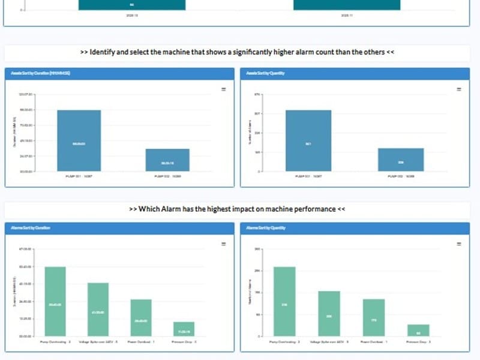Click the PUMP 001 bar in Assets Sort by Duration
pos(79,141)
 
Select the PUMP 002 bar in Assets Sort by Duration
pos(167,160)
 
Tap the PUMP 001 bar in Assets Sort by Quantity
pos(308,141)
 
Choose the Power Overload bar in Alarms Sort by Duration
pos(141,317)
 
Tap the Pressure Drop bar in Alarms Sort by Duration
pos(184,329)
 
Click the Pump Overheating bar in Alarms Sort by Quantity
pos(284,301)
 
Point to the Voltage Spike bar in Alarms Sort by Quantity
pos(329,313)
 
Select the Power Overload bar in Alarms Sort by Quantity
pos(374,317)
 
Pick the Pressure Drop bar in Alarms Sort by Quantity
pos(418,330)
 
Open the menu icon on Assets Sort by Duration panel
pos(223,89)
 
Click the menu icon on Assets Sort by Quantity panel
pos(459,89)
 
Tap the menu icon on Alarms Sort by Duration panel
pos(223,244)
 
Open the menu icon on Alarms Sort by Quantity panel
pos(459,244)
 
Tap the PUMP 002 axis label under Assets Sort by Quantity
pos(401,176)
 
